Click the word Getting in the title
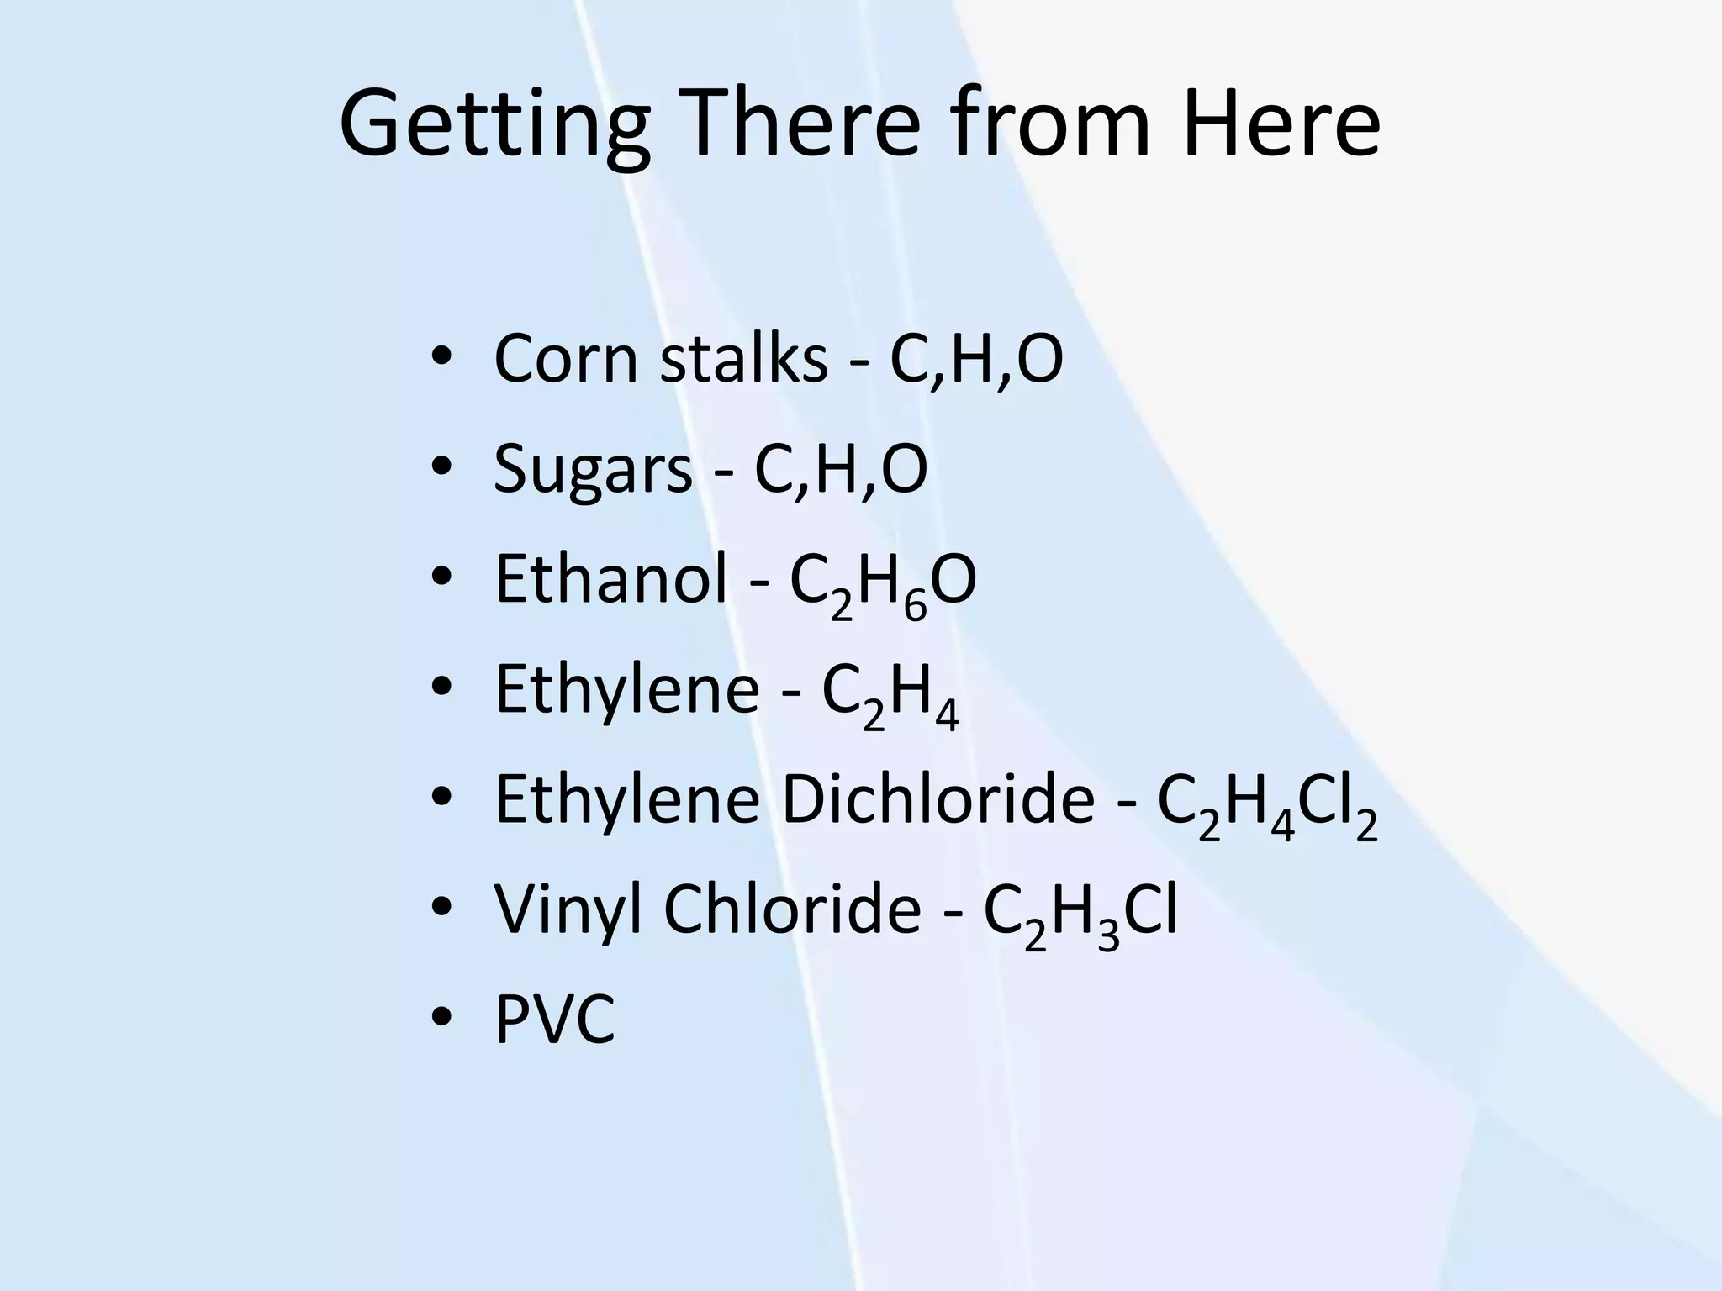click(494, 126)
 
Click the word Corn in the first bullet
click(566, 360)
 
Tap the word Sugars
click(593, 471)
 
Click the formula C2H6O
click(883, 584)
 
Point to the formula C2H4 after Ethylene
click(890, 694)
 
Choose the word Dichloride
click(938, 799)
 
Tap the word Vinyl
click(568, 911)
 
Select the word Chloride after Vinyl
click(792, 909)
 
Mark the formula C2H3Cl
click(1080, 914)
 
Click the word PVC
click(555, 1020)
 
